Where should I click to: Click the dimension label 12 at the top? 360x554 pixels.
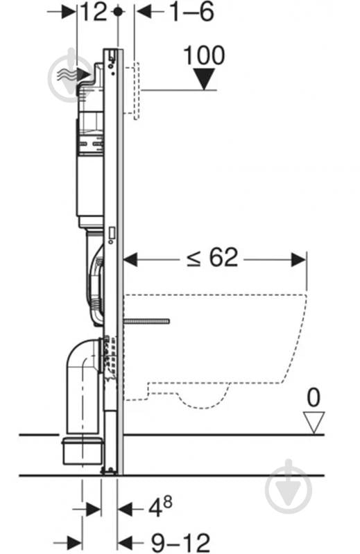94,12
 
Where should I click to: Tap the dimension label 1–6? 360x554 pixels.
192,12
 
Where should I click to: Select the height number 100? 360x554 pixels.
204,55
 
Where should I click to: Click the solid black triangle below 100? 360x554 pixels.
205,79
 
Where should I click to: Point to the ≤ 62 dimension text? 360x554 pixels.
213,257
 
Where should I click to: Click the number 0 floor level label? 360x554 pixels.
314,397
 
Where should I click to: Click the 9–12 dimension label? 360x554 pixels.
180,542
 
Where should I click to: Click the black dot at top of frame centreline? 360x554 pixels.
118,12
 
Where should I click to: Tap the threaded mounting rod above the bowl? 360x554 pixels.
146,321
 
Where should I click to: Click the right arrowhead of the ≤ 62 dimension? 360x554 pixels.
298,260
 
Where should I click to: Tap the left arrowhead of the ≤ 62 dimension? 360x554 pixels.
130,260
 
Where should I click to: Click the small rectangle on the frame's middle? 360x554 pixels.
112,233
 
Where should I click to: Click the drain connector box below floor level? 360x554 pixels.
83,451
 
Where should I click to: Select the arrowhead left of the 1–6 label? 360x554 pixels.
144,12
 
